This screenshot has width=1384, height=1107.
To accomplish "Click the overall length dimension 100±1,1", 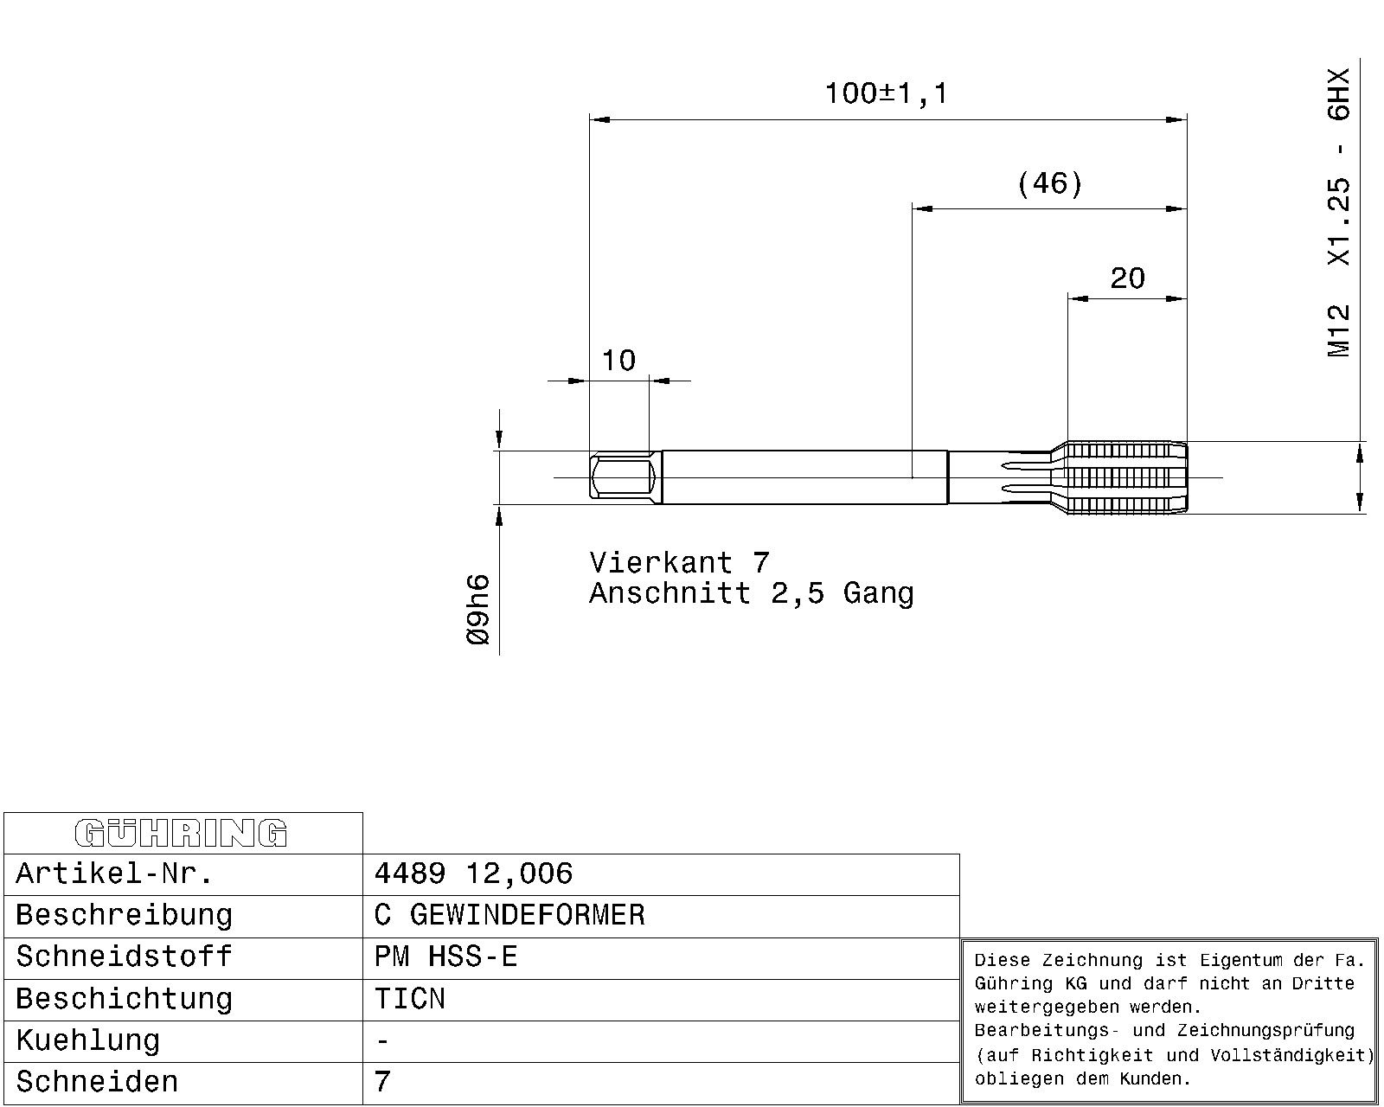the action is (x=886, y=94).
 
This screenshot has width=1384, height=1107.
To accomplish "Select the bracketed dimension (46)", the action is (x=1050, y=183).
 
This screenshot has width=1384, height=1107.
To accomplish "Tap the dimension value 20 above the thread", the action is (x=1127, y=278).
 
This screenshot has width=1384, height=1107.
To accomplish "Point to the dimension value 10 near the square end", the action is (x=618, y=361).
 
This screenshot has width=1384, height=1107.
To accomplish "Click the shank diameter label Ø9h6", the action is (x=478, y=610).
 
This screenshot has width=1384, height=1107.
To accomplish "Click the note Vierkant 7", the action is (x=679, y=563).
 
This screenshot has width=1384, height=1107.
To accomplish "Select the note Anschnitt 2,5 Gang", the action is (x=751, y=593).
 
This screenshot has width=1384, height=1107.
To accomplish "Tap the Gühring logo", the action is (x=182, y=834).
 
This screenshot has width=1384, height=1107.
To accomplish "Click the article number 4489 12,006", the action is (x=473, y=873).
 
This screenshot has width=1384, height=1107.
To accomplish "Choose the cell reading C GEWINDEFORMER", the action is (x=509, y=915).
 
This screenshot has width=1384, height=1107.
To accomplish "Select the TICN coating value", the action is (x=410, y=999).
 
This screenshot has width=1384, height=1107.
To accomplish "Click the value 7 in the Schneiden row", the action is (x=382, y=1082).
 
